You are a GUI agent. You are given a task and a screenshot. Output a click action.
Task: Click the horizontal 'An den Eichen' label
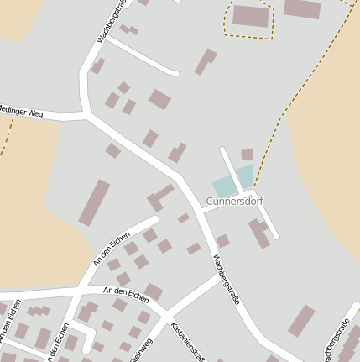pos(125,294)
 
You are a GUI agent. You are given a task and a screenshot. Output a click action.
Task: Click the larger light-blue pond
pos(224,186)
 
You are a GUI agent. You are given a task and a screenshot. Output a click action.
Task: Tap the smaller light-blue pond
pos(245,176)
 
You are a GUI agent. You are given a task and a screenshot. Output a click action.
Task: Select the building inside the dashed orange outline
pos(251,16)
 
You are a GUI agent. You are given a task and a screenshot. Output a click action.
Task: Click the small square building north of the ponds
pos(247,154)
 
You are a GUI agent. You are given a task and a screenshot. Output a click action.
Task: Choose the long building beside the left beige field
pos(94,202)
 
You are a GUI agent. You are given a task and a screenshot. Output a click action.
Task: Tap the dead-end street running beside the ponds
pos(232,167)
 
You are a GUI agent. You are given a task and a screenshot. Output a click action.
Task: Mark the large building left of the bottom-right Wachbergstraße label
pos(300,320)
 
